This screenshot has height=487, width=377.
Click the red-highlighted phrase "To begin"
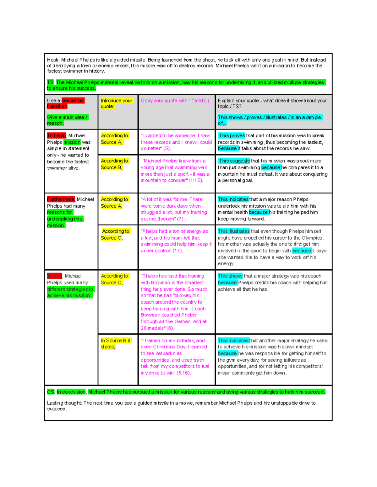point(57,136)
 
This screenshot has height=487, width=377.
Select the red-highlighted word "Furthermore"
point(61,199)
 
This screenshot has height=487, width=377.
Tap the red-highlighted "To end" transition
point(54,276)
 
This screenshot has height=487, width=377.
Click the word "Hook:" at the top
point(53,60)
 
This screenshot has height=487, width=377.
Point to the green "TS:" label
point(51,82)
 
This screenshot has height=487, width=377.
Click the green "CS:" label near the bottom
point(51,392)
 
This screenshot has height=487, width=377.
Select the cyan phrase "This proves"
point(232,136)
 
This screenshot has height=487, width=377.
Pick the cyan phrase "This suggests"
point(234,161)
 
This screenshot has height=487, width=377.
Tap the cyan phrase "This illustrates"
point(234,231)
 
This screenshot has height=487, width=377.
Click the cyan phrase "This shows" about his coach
point(230,276)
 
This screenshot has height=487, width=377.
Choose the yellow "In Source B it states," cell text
point(115,344)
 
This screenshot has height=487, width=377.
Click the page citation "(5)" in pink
point(167,149)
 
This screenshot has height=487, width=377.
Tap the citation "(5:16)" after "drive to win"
point(184,373)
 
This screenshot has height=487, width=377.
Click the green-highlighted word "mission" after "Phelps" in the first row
point(72,142)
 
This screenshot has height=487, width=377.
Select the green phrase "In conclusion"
point(71,392)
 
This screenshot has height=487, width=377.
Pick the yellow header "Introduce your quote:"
point(116,103)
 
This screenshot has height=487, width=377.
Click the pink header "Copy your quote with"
point(164,101)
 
